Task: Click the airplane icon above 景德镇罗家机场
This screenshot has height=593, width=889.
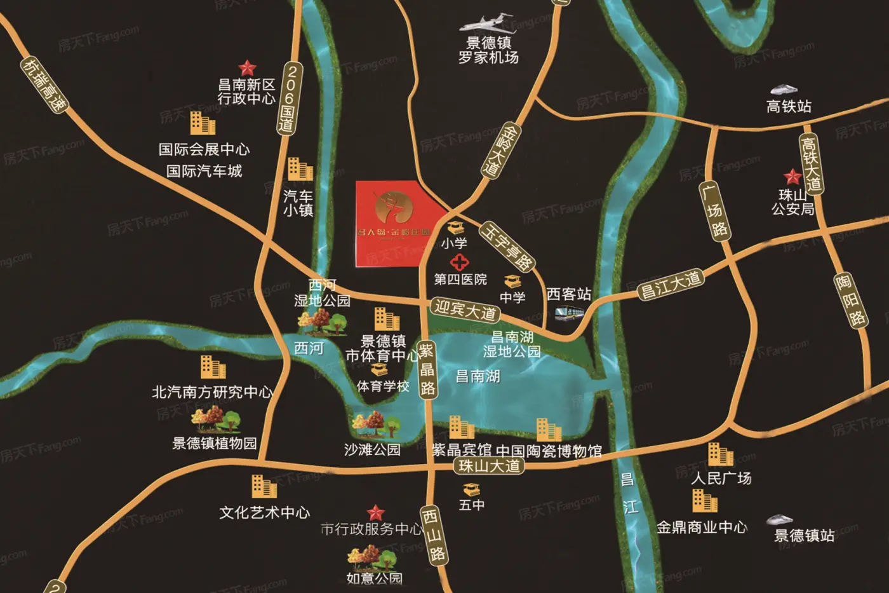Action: tap(488, 24)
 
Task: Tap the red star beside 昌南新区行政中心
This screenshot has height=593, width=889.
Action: tap(246, 67)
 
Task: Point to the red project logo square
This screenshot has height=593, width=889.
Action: tap(394, 222)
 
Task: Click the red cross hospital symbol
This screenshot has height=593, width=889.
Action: tap(459, 262)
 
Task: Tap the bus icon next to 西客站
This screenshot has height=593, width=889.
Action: tap(569, 312)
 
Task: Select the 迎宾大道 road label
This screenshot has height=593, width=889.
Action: tap(465, 310)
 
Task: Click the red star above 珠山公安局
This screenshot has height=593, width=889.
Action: tap(792, 176)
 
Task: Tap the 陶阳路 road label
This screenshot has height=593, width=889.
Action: tap(850, 300)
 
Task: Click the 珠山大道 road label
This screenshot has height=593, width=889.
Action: tap(489, 466)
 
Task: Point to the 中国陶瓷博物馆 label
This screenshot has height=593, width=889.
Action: tap(549, 451)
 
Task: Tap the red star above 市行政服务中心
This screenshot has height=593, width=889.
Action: tap(376, 512)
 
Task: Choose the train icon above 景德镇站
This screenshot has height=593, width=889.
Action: tap(779, 519)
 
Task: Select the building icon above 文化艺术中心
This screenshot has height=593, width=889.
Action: tap(264, 487)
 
